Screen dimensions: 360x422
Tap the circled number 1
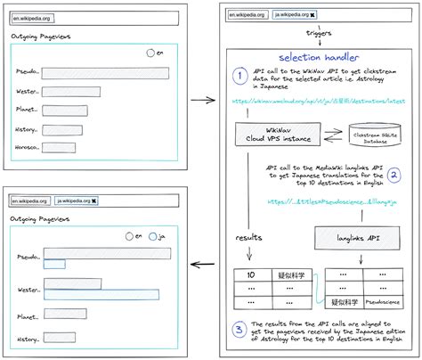(239, 75)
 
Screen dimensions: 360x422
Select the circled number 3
(239, 330)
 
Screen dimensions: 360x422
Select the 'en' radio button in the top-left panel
(150, 53)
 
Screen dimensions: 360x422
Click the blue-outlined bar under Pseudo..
(54, 263)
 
